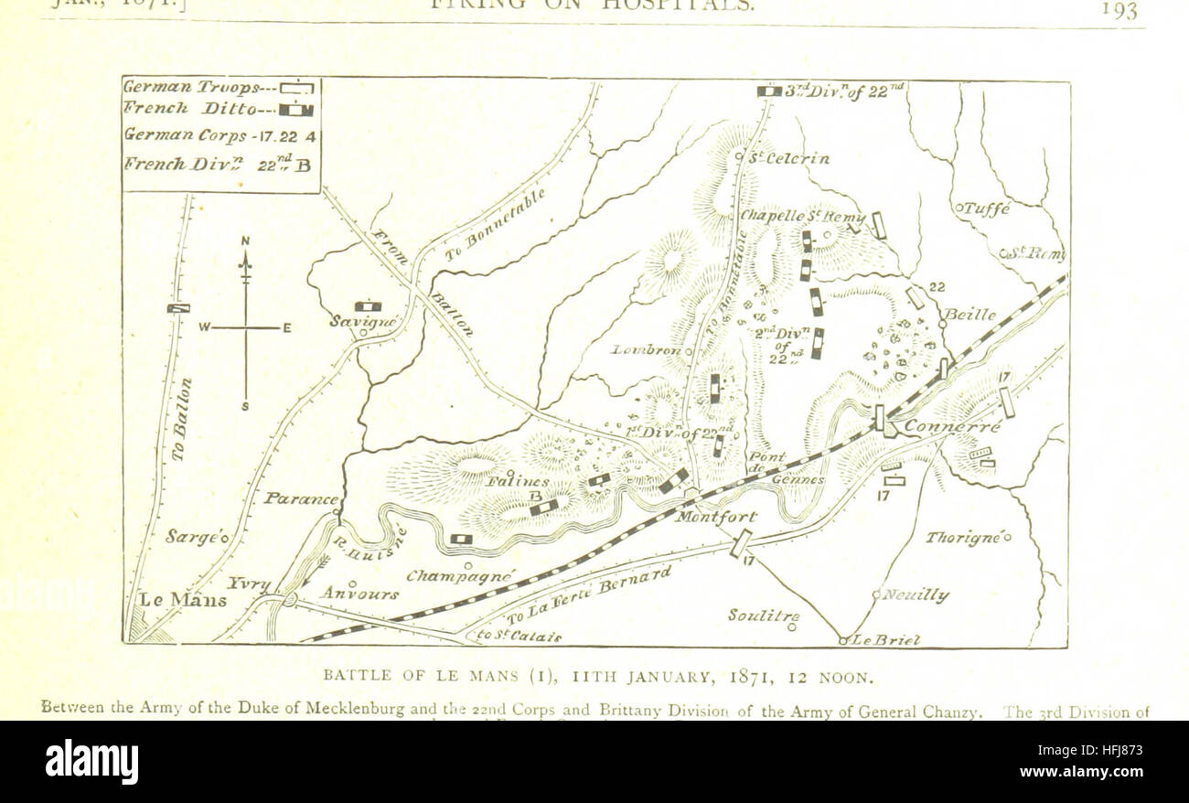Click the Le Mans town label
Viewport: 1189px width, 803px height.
click(182, 601)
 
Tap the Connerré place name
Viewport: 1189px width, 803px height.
click(951, 427)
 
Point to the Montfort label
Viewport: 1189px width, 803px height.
click(715, 517)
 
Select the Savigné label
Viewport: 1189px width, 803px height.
click(363, 322)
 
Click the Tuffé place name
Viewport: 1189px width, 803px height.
click(985, 209)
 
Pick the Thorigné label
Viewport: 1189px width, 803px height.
click(965, 537)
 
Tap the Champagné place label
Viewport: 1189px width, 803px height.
click(460, 576)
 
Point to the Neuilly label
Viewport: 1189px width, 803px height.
click(914, 595)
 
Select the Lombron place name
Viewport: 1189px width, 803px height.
click(646, 349)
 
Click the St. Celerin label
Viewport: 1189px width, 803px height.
click(788, 158)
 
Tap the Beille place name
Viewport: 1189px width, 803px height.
click(969, 315)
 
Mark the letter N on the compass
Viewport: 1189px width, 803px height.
click(245, 241)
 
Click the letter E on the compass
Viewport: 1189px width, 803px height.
click(286, 327)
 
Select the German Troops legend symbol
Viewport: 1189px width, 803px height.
click(296, 89)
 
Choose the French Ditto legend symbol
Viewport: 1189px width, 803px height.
click(296, 110)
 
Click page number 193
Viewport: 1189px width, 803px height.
click(1119, 10)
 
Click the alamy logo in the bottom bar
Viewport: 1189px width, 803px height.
click(91, 762)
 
